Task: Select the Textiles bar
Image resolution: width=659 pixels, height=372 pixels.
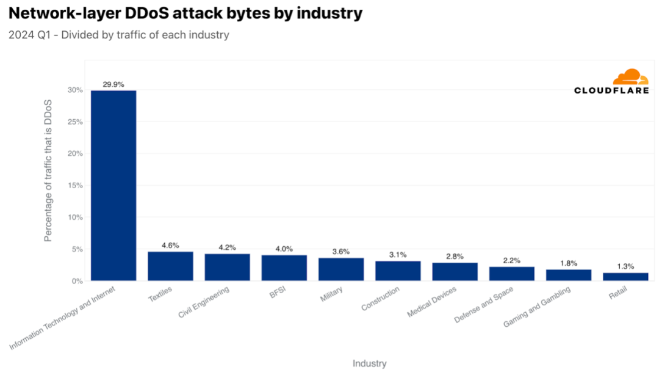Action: click(170, 266)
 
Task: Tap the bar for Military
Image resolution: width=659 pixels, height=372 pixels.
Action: click(341, 269)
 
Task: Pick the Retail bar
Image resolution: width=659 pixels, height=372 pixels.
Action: click(625, 277)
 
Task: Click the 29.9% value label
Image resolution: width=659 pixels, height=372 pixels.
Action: click(113, 84)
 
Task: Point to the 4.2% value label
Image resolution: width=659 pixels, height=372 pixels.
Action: click(227, 247)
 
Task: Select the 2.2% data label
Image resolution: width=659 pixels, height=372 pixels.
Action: click(512, 260)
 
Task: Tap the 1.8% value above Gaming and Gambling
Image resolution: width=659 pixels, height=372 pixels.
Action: click(569, 263)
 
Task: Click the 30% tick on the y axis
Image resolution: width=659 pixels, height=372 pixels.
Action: click(75, 90)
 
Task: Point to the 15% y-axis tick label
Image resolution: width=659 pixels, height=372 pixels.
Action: click(75, 186)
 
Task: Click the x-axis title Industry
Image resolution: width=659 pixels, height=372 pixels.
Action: click(369, 363)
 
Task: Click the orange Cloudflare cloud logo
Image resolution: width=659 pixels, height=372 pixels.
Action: click(630, 78)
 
